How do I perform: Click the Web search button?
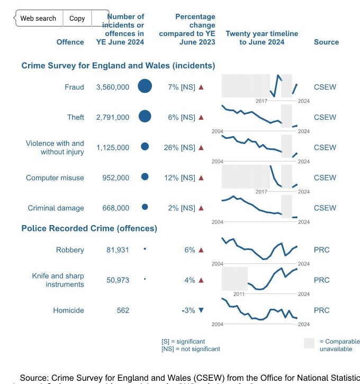[x=38, y=18]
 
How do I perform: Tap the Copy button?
[x=77, y=18]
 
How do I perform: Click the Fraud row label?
[x=74, y=87]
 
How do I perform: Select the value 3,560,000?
[x=112, y=87]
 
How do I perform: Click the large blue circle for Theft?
[x=145, y=117]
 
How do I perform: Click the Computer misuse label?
[x=55, y=177]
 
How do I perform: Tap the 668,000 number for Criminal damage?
[x=115, y=208]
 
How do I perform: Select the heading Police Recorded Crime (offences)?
[x=89, y=228]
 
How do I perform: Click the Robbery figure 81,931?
[x=118, y=249]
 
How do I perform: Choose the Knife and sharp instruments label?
[x=58, y=280]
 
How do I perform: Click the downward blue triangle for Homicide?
[x=201, y=310]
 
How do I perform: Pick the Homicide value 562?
[x=123, y=310]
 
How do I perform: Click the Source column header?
[x=326, y=42]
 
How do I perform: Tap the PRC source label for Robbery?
[x=321, y=249]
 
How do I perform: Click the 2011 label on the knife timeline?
[x=239, y=293]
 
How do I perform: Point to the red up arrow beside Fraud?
[x=201, y=87]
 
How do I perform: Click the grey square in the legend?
[x=310, y=343]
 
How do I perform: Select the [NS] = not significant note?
[x=191, y=349]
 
